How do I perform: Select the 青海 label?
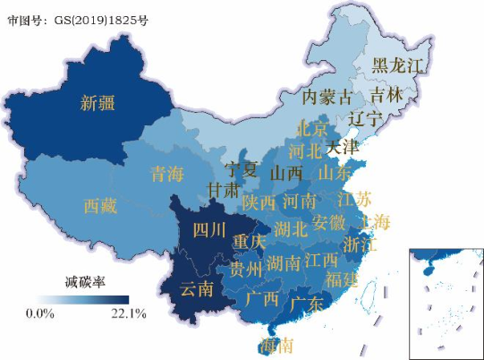point(166,174)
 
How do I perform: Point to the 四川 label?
point(209,229)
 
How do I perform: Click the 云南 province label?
point(197,288)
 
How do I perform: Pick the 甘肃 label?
point(223,190)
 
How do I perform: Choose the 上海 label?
point(373,221)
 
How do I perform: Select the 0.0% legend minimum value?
point(40,313)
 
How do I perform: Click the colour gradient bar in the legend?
point(84,299)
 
